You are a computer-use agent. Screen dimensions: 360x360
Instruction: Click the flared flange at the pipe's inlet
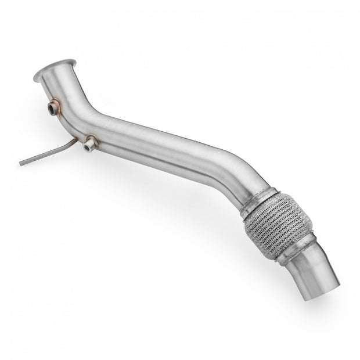pyautogui.click(x=55, y=70)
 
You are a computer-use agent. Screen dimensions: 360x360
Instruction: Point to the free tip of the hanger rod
pyautogui.click(x=20, y=163)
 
